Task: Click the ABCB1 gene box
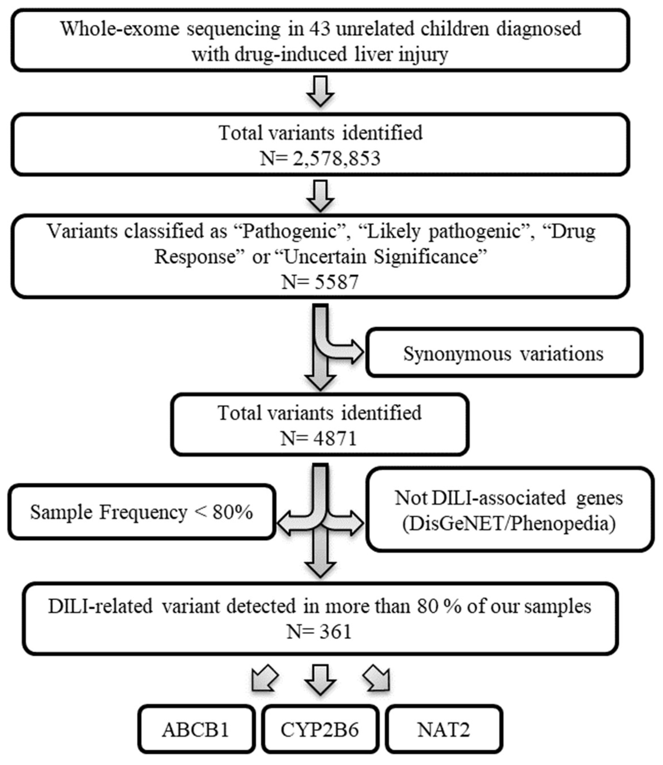(196, 730)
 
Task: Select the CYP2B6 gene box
(320, 730)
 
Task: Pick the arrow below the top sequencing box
(321, 91)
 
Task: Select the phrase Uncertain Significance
(385, 256)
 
